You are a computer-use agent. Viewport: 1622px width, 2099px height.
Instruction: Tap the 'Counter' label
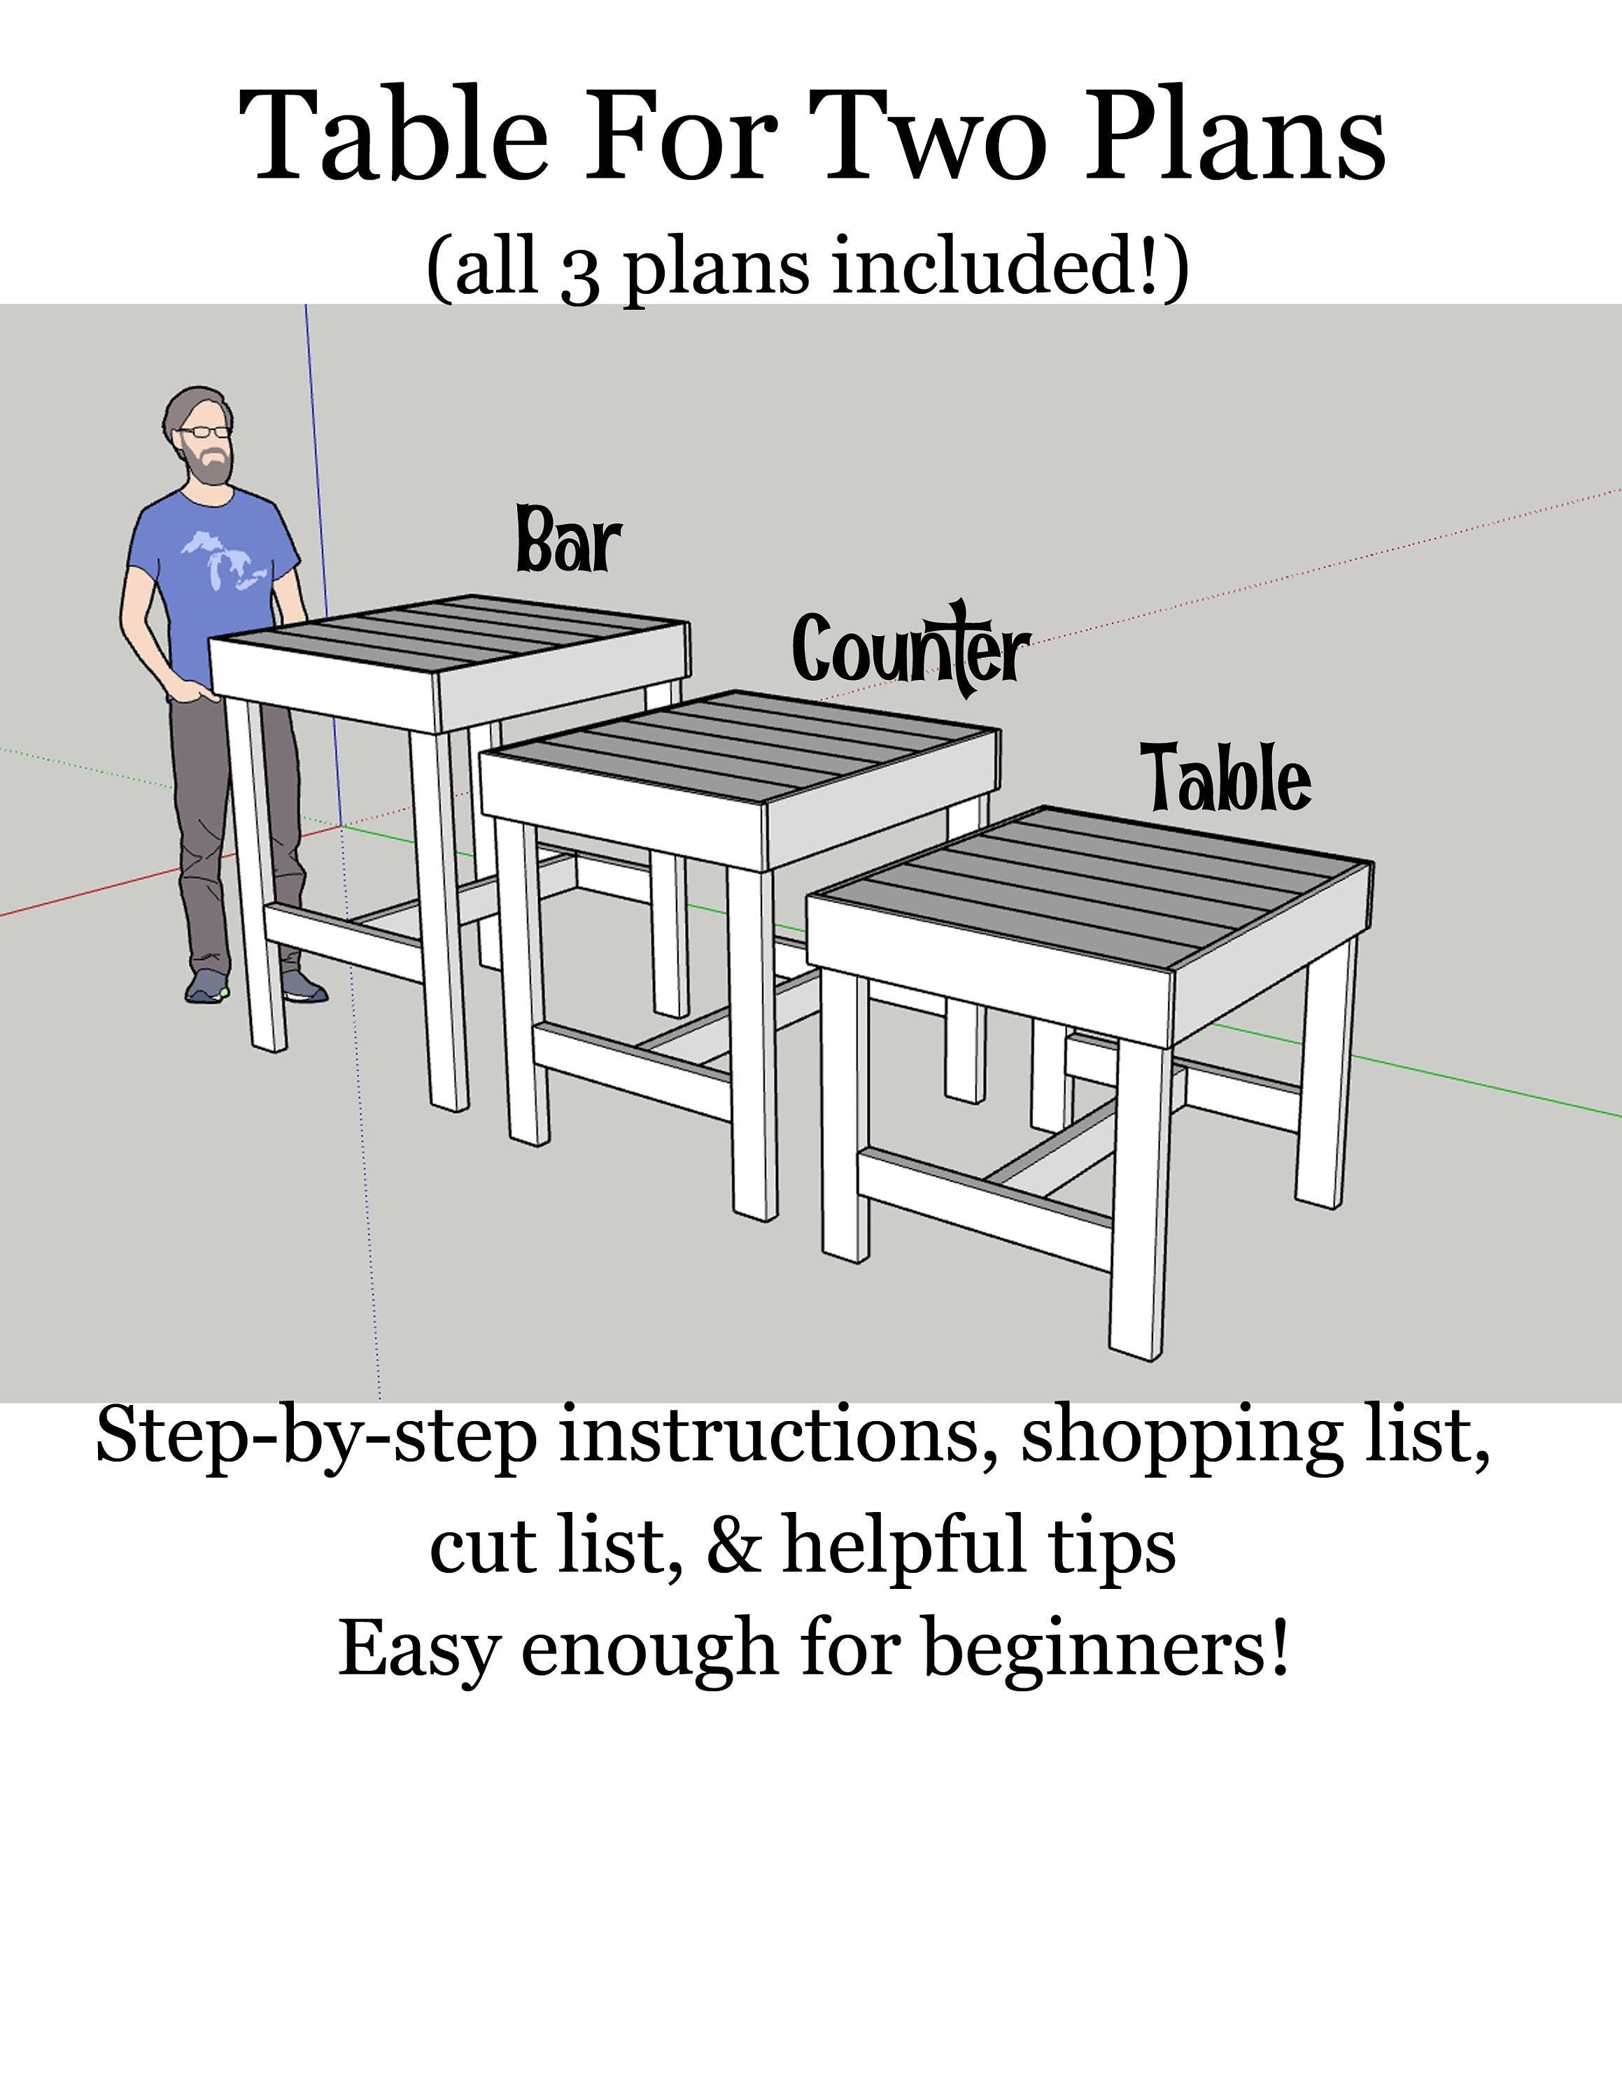point(909,649)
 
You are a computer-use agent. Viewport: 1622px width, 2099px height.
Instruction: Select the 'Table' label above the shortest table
point(1228,777)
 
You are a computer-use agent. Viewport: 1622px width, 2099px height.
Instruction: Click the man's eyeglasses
point(206,432)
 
